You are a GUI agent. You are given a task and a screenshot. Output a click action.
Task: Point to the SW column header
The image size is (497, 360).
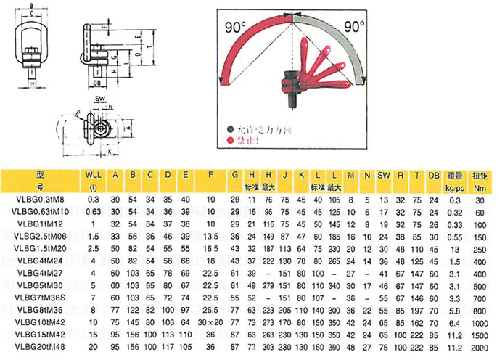click(384, 174)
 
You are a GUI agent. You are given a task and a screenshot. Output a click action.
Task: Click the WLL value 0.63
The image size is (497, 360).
click(94, 211)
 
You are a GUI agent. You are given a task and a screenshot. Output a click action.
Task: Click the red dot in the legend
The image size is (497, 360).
click(229, 140)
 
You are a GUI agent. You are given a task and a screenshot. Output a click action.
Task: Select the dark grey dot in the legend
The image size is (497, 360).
click(229, 127)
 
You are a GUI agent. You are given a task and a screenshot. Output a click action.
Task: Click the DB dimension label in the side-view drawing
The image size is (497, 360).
click(97, 82)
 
